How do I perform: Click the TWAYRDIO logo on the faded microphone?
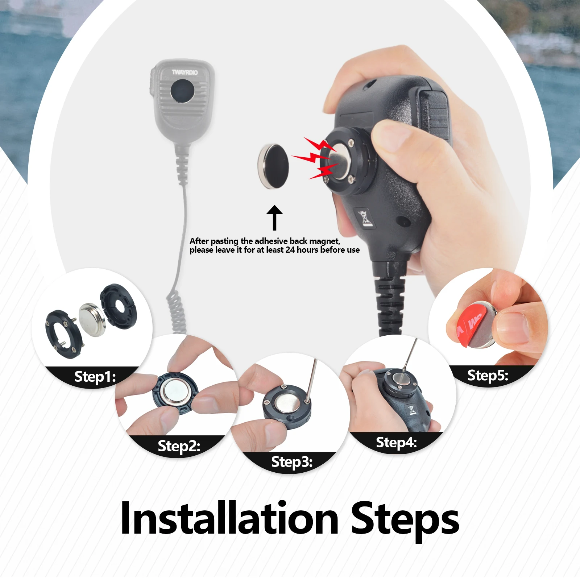[185, 72]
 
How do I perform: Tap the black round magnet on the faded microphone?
[182, 91]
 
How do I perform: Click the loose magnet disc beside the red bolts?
[274, 166]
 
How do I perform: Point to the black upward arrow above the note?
[274, 217]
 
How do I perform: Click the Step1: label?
[95, 377]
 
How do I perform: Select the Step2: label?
[179, 446]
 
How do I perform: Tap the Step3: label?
[292, 462]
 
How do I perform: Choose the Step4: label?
[396, 442]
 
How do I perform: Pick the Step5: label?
[488, 375]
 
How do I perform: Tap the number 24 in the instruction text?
[290, 250]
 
